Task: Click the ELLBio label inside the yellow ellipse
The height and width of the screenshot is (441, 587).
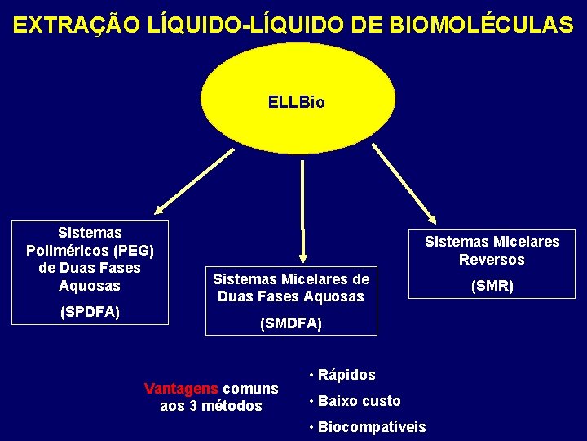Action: (296, 103)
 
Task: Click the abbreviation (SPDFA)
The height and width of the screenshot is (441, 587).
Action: (90, 312)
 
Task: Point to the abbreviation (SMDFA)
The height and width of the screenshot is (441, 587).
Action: (291, 324)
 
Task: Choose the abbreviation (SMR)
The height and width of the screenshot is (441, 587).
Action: (492, 287)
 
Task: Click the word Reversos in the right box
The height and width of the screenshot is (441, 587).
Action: (492, 260)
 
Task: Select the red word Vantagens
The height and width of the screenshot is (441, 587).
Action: (180, 388)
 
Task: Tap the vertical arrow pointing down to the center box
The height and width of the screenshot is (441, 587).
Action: (302, 208)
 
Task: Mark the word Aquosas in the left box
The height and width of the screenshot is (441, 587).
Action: (90, 286)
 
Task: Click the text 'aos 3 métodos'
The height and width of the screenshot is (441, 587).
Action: (211, 406)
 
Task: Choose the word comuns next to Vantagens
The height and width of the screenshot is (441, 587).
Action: (250, 388)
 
